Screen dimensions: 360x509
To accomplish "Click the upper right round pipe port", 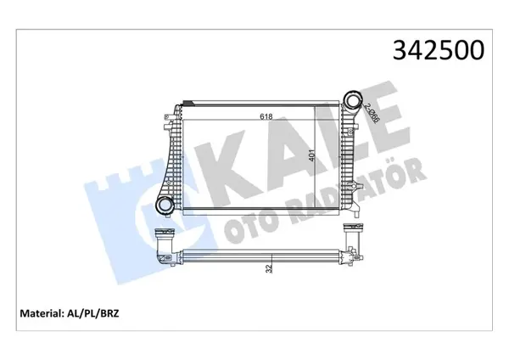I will coord(354,98).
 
